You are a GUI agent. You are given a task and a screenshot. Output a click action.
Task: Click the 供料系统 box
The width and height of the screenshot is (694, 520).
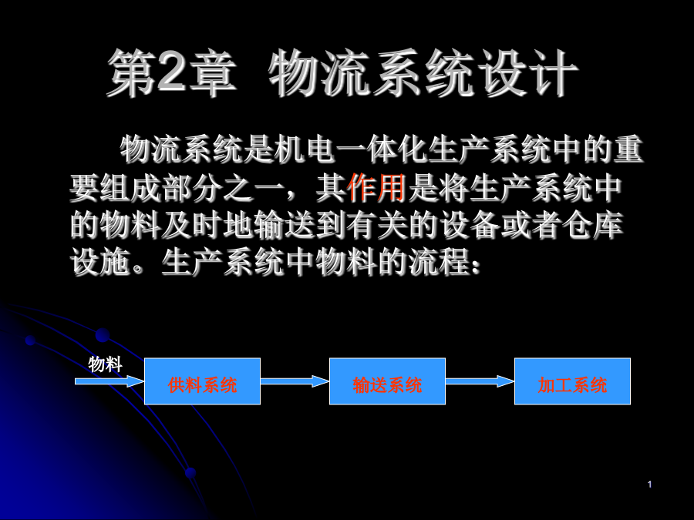(202, 381)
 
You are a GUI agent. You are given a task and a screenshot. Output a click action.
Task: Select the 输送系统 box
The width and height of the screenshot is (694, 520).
(387, 381)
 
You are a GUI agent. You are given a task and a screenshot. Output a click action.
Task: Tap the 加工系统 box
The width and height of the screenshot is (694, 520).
(572, 381)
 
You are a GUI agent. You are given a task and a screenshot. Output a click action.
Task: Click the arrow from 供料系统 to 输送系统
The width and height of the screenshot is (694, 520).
(295, 381)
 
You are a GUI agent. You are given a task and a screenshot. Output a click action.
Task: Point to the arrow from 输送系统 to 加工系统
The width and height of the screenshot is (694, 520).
(480, 381)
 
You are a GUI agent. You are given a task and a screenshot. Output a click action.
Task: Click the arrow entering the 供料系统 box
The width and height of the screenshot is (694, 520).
(109, 381)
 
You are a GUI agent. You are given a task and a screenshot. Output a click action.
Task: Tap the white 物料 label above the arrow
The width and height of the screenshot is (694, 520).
(105, 364)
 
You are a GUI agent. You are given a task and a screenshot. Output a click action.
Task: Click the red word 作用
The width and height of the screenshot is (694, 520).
(376, 187)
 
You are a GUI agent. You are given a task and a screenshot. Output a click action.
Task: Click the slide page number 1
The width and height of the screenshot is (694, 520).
(649, 485)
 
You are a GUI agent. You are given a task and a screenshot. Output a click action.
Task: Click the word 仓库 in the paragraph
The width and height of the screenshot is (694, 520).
(593, 225)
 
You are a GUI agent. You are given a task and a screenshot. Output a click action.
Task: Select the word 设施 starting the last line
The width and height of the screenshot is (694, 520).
(100, 262)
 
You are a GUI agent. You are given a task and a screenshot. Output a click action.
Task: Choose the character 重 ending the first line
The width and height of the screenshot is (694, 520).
(628, 149)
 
